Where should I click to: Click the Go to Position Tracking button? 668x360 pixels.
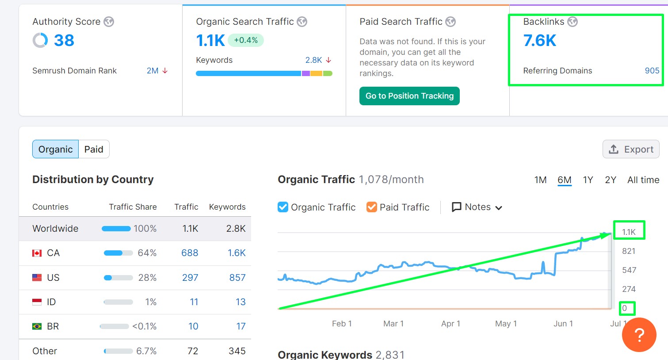point(409,96)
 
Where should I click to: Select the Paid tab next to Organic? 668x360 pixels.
point(94,149)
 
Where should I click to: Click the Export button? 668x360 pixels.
point(631,149)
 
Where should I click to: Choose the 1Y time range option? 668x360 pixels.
point(588,180)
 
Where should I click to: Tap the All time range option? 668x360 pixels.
point(643,180)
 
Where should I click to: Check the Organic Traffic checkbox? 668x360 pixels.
point(283,207)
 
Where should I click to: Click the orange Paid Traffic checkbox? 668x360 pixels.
point(372,207)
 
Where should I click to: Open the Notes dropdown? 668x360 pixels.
point(477,207)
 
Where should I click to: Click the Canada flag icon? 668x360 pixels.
point(37,253)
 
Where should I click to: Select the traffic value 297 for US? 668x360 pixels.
point(190,278)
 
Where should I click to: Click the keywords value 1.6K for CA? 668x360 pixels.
point(237,253)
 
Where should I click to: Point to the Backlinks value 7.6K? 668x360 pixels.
point(539,41)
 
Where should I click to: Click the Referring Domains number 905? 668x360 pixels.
point(652,71)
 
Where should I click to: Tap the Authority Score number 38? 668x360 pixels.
point(64,41)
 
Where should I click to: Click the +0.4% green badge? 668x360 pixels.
point(246,40)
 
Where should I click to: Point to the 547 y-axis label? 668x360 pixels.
point(628,270)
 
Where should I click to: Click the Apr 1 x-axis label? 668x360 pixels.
point(450,324)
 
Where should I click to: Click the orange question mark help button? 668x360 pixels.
point(639,335)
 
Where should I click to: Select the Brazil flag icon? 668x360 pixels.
point(37,326)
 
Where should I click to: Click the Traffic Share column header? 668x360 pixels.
point(133,207)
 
